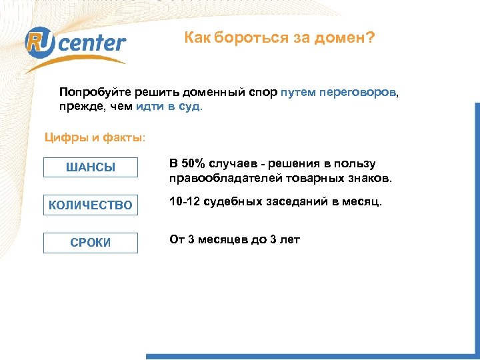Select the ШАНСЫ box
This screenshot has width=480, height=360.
[91, 167]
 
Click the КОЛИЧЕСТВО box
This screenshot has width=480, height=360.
[91, 205]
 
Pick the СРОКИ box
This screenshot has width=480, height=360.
[91, 243]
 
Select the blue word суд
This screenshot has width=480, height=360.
[189, 105]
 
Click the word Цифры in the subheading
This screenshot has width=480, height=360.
[65, 138]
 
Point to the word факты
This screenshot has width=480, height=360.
[121, 138]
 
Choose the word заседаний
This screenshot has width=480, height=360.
[301, 201]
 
